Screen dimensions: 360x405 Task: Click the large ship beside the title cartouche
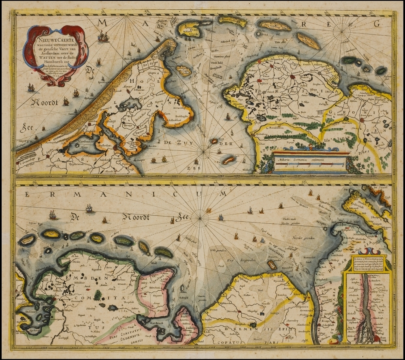(x=103, y=37)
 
